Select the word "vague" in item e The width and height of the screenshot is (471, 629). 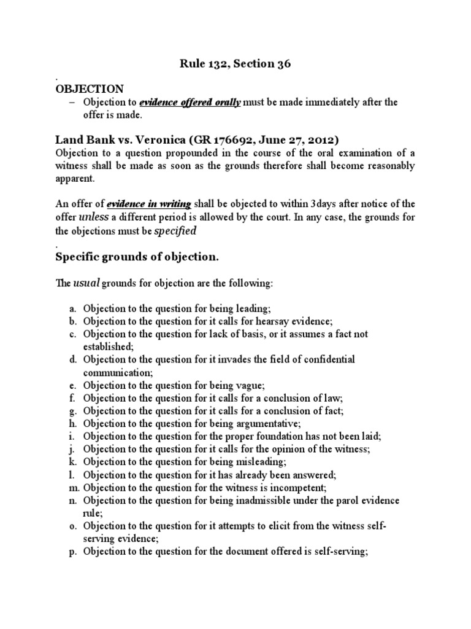click(246, 385)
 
